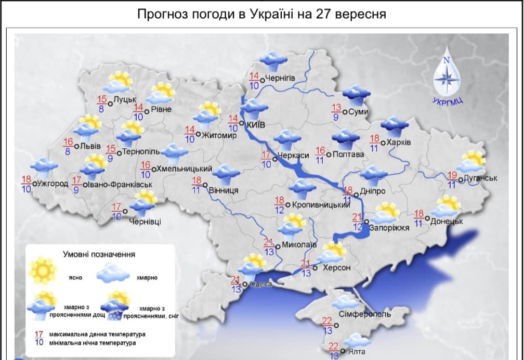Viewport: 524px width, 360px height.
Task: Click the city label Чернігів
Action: point(280,79)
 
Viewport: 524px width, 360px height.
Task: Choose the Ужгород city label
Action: point(54,184)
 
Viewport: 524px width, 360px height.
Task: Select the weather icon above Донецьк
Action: point(446,206)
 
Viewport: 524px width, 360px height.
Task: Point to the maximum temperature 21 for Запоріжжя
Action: point(357,217)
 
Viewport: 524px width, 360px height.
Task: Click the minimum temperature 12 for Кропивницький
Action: point(279,210)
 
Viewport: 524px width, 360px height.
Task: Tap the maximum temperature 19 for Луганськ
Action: point(452,175)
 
